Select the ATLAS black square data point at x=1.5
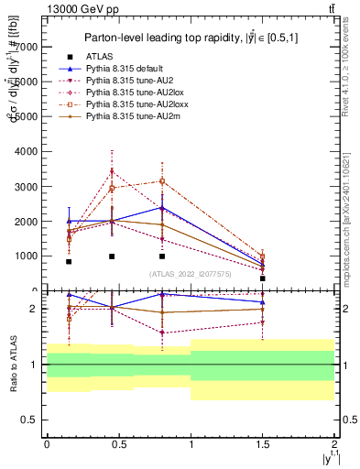point(263,278)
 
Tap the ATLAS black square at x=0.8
point(161,256)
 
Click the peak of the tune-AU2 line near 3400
point(112,171)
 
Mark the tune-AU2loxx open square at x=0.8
point(161,181)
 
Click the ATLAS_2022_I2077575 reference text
point(190,273)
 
